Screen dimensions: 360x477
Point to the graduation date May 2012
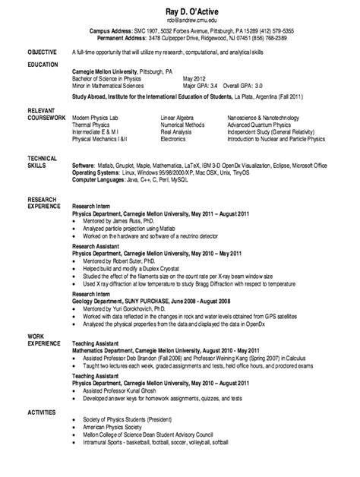(x=194, y=77)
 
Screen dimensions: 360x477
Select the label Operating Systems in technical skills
(x=96, y=172)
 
